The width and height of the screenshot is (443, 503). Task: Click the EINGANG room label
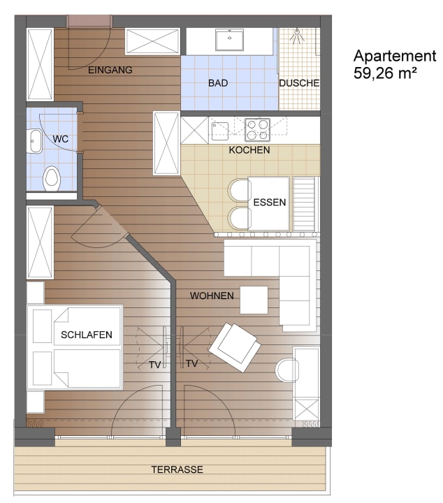110,70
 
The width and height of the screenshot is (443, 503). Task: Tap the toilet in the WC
51,178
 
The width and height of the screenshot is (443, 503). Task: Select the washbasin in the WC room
35,141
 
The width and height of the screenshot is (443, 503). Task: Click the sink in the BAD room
229,40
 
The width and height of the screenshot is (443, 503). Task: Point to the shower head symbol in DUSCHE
297,36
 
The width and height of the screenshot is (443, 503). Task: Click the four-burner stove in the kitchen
257,130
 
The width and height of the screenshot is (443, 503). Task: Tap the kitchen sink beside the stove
219,131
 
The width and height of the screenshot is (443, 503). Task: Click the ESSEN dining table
270,203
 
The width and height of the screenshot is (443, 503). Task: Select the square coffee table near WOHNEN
254,300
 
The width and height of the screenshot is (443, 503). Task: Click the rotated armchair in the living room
235,347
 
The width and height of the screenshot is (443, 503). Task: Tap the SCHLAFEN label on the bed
86,335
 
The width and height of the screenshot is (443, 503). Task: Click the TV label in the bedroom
154,365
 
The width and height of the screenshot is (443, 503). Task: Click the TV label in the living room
191,363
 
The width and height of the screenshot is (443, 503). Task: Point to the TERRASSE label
177,469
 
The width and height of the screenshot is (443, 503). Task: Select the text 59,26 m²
385,73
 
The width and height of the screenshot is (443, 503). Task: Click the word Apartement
395,55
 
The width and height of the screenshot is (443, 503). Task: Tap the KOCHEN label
249,150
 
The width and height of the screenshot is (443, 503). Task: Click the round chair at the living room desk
286,370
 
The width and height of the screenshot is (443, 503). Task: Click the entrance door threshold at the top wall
89,22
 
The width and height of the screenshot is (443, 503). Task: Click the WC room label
60,139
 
